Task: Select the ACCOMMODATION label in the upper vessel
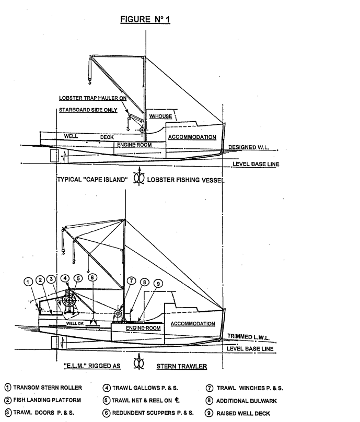pos(192,137)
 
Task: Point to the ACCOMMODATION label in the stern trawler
pos(193,324)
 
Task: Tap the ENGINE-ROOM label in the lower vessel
pos(141,328)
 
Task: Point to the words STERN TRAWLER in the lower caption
pos(182,366)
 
